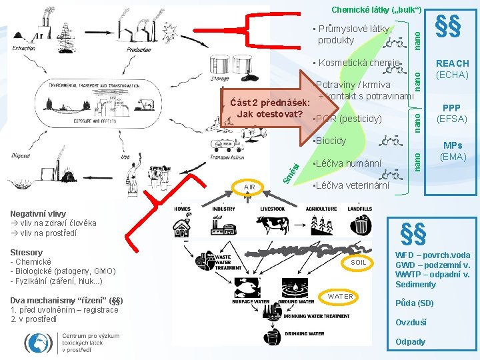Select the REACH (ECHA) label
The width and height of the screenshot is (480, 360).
(452, 69)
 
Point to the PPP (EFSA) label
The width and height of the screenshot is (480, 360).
(452, 114)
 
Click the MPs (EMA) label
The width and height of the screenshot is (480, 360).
(452, 151)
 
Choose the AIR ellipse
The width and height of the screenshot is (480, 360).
(249, 187)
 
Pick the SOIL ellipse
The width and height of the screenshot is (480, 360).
(359, 263)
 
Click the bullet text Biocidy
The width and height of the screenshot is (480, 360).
(330, 141)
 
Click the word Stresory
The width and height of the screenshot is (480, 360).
(27, 252)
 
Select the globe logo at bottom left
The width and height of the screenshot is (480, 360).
(37, 342)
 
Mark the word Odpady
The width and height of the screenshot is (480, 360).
(411, 342)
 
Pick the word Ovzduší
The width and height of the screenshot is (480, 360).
(411, 323)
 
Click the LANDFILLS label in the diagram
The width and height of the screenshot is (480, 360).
(359, 209)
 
